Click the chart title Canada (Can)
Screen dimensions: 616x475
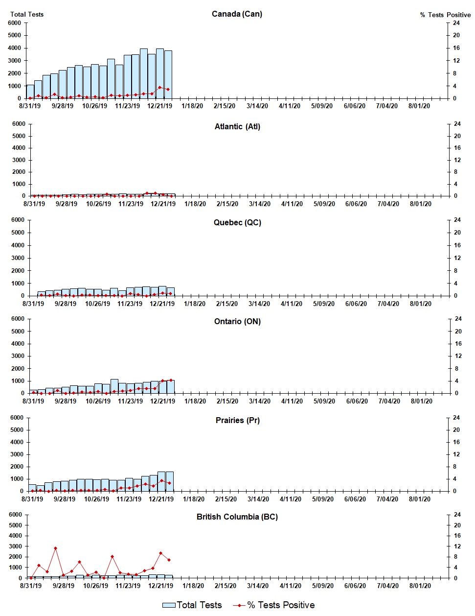237,14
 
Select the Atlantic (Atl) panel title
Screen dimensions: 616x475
237,126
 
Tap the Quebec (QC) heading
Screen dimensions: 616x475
237,222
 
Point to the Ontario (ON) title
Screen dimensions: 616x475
237,321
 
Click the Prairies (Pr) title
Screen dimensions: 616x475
237,420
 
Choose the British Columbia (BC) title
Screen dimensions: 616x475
237,517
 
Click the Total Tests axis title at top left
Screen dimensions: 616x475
27,14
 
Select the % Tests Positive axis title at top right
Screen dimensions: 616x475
445,15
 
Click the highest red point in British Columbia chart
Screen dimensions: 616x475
55,548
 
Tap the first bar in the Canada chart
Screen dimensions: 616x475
30,92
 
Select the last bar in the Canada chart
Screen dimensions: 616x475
168,74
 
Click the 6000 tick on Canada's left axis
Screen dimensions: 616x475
15,23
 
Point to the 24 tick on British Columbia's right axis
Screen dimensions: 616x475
457,515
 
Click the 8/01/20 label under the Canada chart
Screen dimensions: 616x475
419,106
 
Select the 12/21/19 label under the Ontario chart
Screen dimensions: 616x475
162,401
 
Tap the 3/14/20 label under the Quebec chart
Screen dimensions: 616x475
259,304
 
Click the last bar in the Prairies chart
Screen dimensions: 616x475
169,481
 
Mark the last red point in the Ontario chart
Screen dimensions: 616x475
171,380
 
